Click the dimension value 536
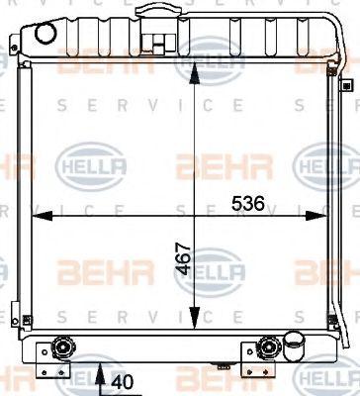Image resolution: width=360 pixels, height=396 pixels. [x=249, y=204]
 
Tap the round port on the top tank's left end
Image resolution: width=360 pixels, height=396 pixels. [x=44, y=33]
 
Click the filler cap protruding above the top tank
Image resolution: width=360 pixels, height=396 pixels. [x=152, y=13]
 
